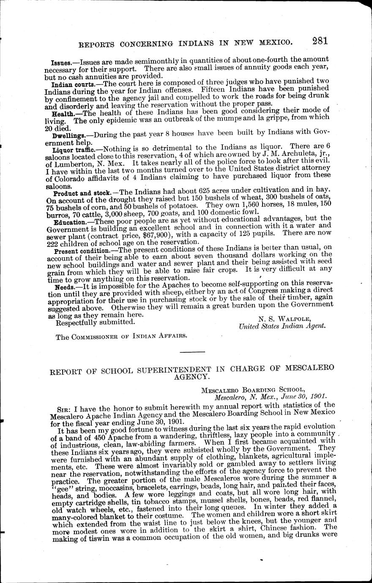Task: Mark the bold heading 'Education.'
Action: tap(70, 222)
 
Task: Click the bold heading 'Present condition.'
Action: tap(79, 251)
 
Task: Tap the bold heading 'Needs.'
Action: tap(63, 287)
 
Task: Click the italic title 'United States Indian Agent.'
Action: tap(282, 326)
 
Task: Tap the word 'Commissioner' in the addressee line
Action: tap(96, 336)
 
